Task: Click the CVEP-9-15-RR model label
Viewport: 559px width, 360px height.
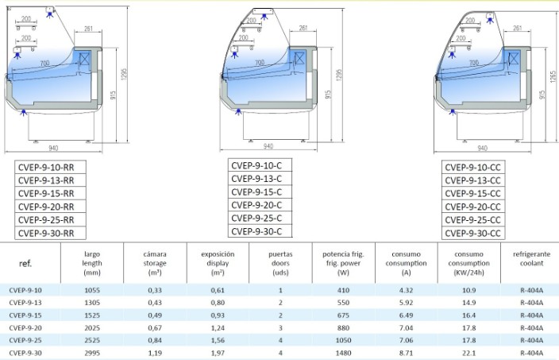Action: [46, 194]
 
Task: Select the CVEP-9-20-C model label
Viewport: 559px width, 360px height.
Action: [256, 205]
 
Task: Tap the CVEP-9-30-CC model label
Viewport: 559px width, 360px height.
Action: [472, 234]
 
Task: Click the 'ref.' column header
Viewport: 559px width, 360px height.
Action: [25, 263]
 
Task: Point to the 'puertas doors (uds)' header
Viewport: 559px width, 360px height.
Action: [280, 263]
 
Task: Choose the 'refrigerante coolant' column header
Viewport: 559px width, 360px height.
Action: [531, 258]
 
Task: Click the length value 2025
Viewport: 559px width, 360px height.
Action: [92, 328]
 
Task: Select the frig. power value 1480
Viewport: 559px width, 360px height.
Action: [343, 353]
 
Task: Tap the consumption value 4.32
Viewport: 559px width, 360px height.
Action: [406, 290]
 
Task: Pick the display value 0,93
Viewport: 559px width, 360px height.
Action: [218, 315]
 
